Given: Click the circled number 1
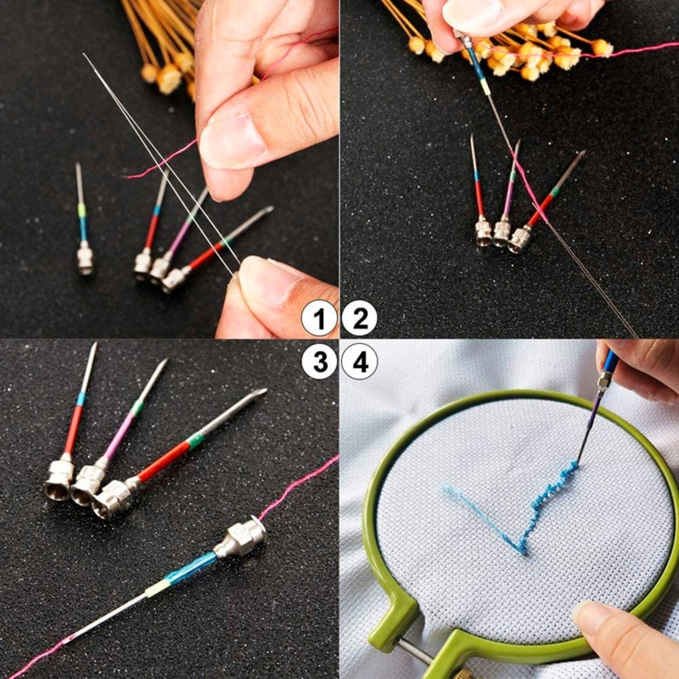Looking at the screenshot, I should [319, 319].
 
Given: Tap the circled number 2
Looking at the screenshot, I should [360, 319].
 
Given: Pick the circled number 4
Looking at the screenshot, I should [360, 363].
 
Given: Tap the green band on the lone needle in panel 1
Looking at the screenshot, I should [81, 210].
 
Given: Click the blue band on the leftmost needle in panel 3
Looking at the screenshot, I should [80, 400].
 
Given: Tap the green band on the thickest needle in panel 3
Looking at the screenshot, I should [195, 440].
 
